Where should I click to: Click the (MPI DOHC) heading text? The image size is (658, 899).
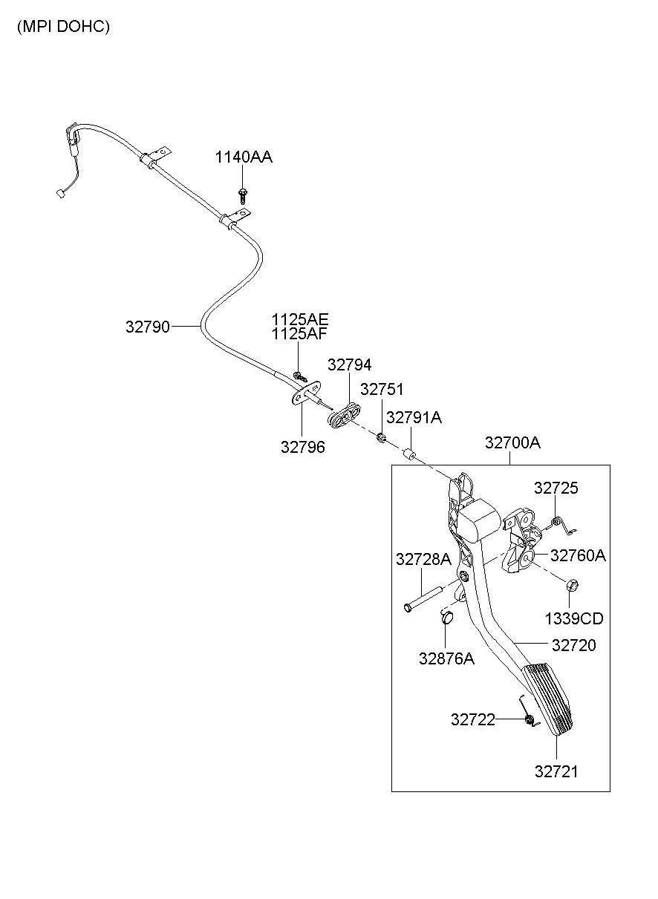(63, 27)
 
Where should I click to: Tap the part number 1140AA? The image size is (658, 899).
(244, 157)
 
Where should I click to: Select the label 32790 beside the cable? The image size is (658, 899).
(148, 327)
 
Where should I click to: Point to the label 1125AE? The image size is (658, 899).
(300, 319)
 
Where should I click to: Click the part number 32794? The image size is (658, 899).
(349, 364)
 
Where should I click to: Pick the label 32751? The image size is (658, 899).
(382, 389)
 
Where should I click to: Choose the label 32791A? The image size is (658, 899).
(414, 418)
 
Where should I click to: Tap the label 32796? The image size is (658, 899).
(303, 447)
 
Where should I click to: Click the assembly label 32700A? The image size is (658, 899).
(512, 442)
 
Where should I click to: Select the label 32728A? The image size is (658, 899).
(423, 559)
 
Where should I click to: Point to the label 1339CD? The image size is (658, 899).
(574, 619)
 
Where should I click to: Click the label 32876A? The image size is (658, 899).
(446, 658)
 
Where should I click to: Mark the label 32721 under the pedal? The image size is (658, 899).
(556, 772)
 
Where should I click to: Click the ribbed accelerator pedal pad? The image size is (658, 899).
(547, 701)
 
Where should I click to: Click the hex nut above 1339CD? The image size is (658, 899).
(572, 586)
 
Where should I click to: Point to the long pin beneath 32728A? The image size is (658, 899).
(424, 599)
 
